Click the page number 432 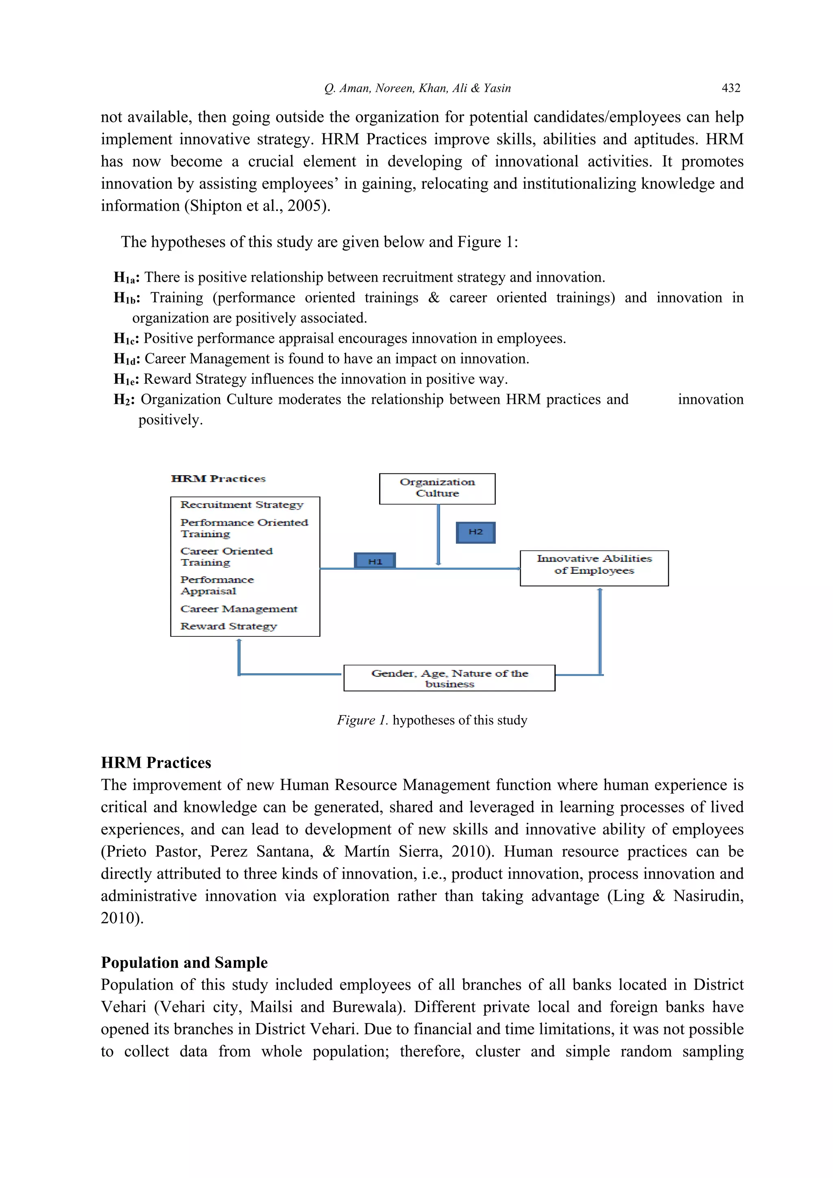(731, 88)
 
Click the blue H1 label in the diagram (375, 561)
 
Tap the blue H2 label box (475, 532)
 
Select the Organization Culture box (437, 488)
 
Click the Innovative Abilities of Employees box (594, 568)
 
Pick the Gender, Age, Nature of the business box (449, 678)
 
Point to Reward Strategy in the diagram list (229, 626)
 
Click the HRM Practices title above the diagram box (218, 479)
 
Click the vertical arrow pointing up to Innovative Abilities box (600, 631)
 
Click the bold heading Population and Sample (184, 962)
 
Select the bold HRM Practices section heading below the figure (156, 762)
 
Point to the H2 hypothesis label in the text (124, 400)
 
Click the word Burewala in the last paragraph (365, 1007)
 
